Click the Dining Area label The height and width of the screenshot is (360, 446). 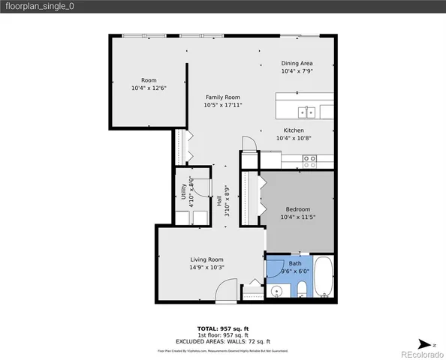click(297, 63)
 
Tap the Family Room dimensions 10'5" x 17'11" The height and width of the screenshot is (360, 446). click(222, 105)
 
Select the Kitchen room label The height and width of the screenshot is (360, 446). click(288, 130)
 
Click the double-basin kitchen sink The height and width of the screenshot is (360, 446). click(306, 112)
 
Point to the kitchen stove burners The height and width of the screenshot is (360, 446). click(309, 160)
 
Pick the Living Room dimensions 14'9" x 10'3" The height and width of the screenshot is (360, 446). click(206, 267)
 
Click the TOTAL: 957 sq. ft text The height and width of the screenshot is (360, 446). click(222, 328)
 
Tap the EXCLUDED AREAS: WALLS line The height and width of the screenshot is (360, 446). click(222, 340)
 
